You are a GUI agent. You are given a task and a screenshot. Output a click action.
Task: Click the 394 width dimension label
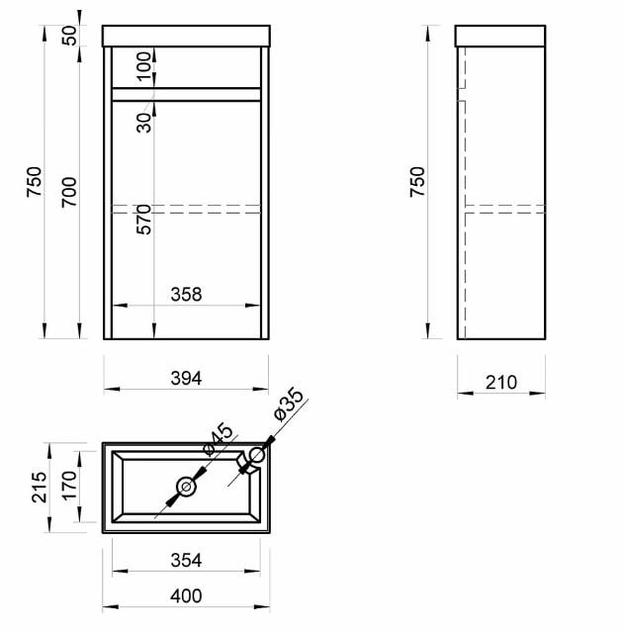(186, 378)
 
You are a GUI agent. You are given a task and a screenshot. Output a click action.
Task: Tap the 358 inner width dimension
(186, 295)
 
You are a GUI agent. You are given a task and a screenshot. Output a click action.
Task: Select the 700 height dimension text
(69, 192)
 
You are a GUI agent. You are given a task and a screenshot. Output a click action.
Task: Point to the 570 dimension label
(144, 220)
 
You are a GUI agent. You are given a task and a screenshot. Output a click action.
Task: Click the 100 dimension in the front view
(144, 66)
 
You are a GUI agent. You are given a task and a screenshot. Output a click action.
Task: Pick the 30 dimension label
(144, 123)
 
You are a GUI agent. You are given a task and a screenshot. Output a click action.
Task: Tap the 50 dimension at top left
(69, 36)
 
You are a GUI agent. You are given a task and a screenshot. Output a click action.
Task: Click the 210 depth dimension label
(501, 383)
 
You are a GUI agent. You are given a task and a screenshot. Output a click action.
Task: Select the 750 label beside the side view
(417, 182)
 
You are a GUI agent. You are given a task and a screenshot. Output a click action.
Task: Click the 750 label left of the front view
(35, 182)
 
